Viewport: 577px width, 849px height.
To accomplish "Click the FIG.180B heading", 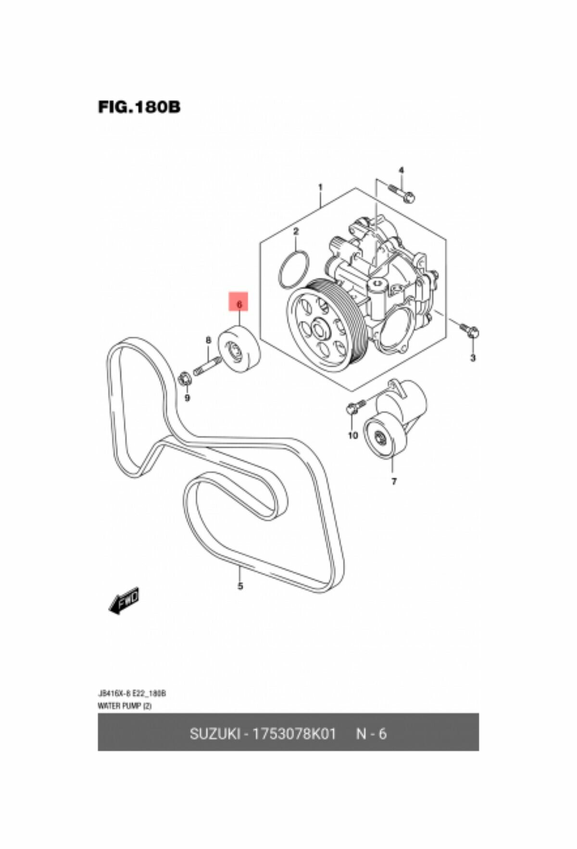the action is point(139,106).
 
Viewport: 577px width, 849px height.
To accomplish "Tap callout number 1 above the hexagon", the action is point(321,187).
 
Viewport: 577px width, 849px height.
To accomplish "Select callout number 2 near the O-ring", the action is point(296,231).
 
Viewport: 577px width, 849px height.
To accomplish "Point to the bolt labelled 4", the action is point(403,193).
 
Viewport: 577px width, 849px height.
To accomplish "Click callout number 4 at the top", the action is point(401,170).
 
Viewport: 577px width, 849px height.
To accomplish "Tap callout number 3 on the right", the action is point(473,358).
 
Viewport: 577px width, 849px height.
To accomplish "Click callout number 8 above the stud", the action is point(208,341).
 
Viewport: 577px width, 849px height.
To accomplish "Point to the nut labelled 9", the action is point(185,379).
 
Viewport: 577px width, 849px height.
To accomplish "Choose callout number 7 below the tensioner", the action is point(394,481).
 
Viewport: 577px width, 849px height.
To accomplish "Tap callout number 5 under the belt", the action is point(240,586).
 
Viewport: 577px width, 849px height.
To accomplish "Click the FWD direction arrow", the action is point(124,599).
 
